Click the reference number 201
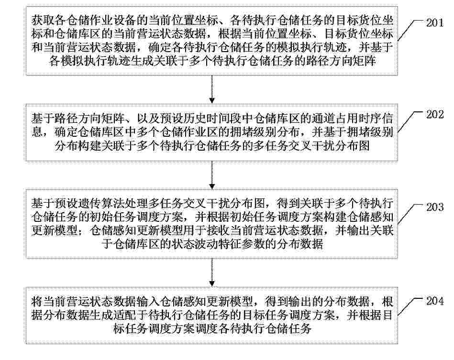coord(434,22)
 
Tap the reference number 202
coord(434,114)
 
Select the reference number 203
coord(434,207)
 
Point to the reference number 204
coord(434,301)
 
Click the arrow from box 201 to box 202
coord(212,89)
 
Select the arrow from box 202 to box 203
coord(212,175)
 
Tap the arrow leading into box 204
coord(212,272)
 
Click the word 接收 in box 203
coord(218,230)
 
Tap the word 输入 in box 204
coord(148,302)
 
